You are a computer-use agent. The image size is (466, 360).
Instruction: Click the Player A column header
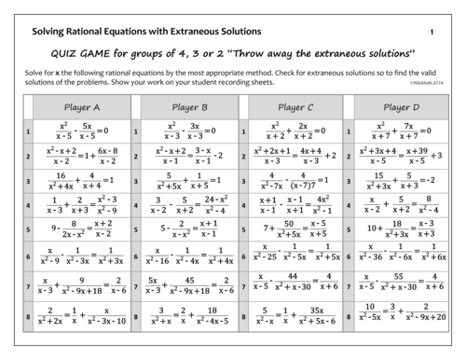click(82, 107)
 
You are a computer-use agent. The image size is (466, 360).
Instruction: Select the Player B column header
click(189, 107)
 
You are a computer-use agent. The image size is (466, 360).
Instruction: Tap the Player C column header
click(295, 107)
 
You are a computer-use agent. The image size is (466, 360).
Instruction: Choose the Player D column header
click(402, 107)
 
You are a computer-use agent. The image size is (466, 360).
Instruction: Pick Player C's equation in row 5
click(295, 227)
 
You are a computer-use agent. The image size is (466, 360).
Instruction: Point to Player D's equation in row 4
click(402, 202)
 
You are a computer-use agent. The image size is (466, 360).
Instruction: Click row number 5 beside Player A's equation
click(29, 227)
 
